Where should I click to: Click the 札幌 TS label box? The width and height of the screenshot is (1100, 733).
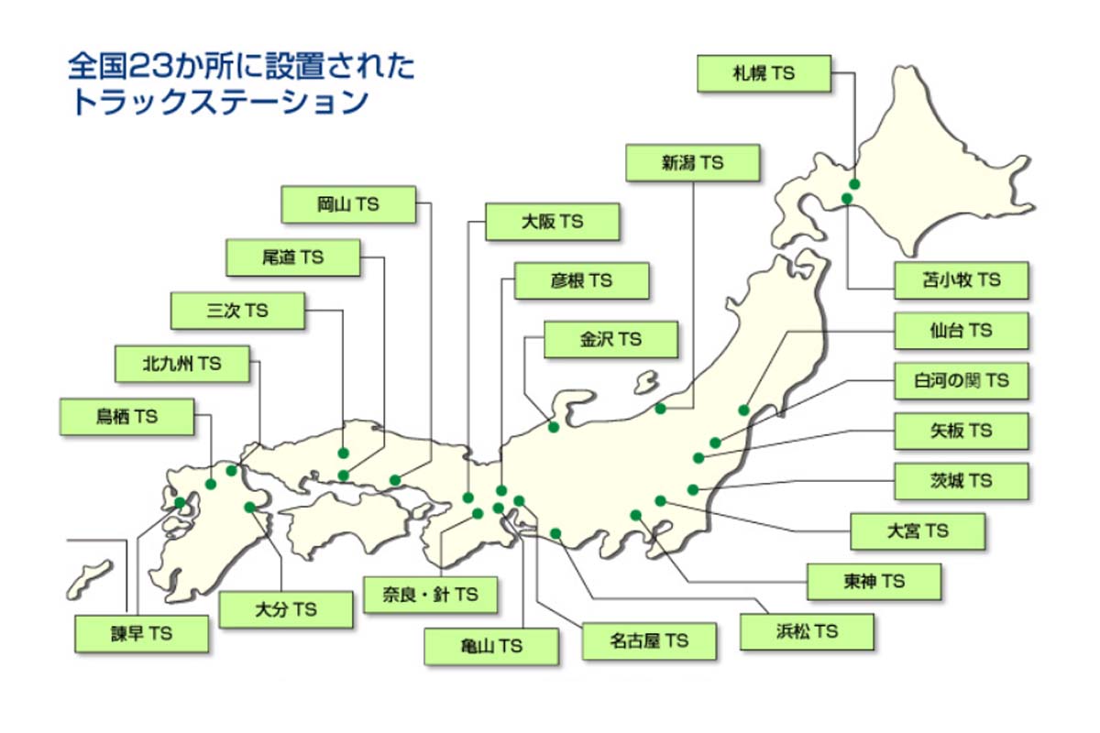[764, 74]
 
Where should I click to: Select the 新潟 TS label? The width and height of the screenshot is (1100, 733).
[693, 163]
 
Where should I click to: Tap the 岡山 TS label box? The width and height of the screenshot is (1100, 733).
[347, 205]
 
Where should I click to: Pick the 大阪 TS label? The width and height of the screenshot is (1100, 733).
[552, 222]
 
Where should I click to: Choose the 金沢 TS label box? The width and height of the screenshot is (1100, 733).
[610, 339]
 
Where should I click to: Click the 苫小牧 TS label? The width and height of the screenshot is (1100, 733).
[961, 280]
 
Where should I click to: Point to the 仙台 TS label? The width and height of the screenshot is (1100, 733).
[961, 331]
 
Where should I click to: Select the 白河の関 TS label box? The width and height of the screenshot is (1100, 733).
[961, 380]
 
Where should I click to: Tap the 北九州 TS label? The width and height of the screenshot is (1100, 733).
[182, 364]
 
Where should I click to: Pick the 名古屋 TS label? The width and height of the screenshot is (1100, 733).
[648, 640]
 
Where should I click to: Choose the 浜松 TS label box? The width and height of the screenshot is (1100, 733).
[807, 631]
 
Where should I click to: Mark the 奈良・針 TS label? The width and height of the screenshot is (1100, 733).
[430, 595]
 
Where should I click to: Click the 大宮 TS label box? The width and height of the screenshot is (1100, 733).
[918, 531]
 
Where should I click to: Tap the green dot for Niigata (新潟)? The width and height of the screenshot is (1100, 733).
[660, 409]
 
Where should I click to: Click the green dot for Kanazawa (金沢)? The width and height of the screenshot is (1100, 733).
[554, 427]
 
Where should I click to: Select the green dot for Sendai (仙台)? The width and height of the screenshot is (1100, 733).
[744, 410]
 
